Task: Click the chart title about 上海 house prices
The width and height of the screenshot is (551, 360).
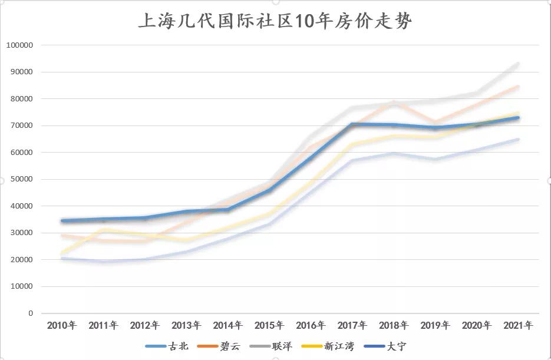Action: pos(275,22)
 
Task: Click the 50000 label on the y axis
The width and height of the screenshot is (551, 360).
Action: pos(21,179)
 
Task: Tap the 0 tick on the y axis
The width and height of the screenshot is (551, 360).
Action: pos(30,313)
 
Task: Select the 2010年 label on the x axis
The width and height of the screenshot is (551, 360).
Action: pos(61,325)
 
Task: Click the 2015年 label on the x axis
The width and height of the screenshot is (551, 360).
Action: pos(269,325)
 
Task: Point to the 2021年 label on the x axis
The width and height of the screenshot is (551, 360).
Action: pos(518,325)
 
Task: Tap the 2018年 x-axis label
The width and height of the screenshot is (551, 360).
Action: pos(394,325)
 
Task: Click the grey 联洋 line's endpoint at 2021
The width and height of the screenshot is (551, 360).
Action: pos(518,64)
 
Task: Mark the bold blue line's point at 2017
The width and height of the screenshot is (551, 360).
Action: pos(352,124)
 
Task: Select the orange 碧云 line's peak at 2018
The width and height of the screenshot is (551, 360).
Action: pos(394,103)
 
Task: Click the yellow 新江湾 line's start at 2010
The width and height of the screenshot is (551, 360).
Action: pos(62,253)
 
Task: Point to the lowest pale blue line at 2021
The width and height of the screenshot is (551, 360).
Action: pos(518,140)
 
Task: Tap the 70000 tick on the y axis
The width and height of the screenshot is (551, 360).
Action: pos(21,125)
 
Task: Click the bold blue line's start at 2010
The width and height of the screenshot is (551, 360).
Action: pos(62,221)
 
